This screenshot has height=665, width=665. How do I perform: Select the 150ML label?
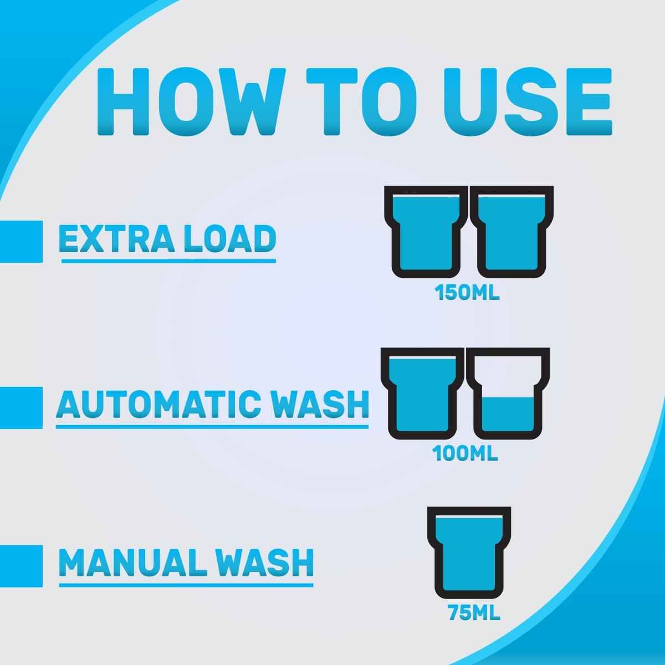[467, 293]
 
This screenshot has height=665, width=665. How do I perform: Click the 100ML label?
[465, 453]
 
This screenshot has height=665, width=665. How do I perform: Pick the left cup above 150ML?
[426, 232]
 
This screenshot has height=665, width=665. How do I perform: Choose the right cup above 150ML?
[512, 232]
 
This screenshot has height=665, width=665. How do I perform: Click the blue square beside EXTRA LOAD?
[21, 242]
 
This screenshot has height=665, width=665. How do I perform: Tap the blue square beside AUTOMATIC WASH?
[21, 408]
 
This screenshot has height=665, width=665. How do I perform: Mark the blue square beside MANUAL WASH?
[21, 566]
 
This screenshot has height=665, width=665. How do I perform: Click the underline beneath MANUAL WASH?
[186, 585]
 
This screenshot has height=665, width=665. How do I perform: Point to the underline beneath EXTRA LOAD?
[169, 261]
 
